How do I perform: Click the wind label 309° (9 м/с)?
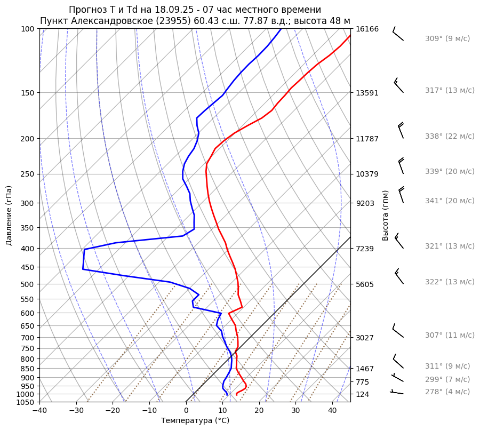pos(447,38)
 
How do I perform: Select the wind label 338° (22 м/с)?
pos(449,136)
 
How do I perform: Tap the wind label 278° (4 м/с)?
pos(447,392)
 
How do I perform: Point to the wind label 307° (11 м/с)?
pos(449,335)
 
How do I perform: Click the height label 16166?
pos(367,29)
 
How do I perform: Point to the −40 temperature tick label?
pos(39,411)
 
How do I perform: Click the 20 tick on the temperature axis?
pos(259,411)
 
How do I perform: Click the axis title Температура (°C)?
pos(195,421)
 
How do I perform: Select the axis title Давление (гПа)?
pos(9,215)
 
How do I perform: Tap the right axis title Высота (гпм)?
pos(385,215)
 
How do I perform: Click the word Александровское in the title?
pos(105,21)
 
